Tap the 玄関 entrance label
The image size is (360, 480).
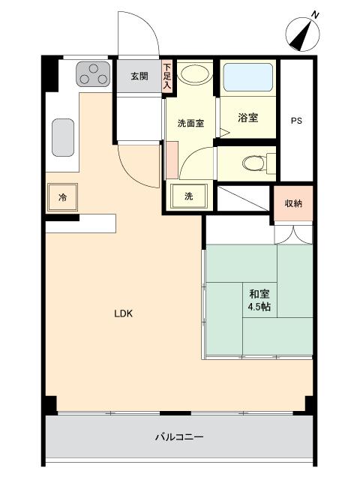coord(139,76)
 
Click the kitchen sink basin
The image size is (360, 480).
coord(63,136)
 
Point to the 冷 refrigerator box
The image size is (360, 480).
coord(63,198)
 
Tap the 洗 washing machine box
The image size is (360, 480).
coord(189,196)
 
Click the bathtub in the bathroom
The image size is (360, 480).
coord(248,77)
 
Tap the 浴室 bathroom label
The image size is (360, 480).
coord(247,118)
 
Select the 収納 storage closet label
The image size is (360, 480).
coord(292,204)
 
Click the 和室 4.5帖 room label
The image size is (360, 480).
coord(259,301)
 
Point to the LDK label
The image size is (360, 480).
coord(123,314)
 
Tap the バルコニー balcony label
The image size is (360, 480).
coord(179,436)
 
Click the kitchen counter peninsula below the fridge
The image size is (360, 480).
coord(81,223)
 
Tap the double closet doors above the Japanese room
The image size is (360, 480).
coord(292,235)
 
